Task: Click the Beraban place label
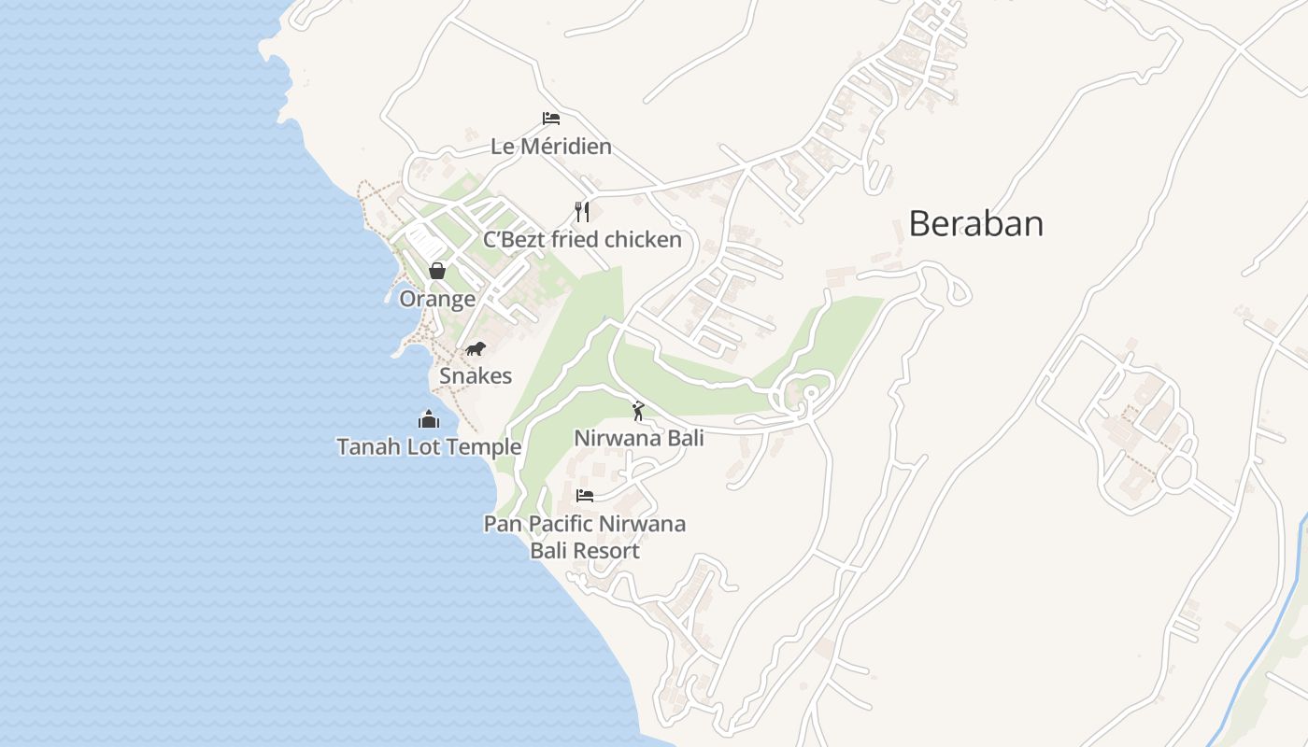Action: pyautogui.click(x=975, y=224)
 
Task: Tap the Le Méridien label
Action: pyautogui.click(x=551, y=147)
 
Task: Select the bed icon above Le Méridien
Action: pyautogui.click(x=551, y=119)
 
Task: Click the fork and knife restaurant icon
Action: pyautogui.click(x=582, y=212)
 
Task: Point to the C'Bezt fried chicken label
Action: pyautogui.click(x=582, y=240)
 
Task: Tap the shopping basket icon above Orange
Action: pyautogui.click(x=436, y=271)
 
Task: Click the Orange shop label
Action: pyautogui.click(x=437, y=299)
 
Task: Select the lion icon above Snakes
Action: pyautogui.click(x=476, y=349)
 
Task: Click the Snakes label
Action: pyautogui.click(x=476, y=376)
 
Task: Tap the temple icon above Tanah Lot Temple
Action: pyautogui.click(x=429, y=419)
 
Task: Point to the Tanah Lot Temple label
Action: pyautogui.click(x=429, y=447)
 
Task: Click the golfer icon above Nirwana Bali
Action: pyautogui.click(x=638, y=411)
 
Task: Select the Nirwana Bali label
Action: pyautogui.click(x=638, y=438)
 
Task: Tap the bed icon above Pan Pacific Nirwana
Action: pyautogui.click(x=585, y=495)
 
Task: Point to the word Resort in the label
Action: pyautogui.click(x=608, y=551)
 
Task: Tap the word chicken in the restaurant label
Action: pyautogui.click(x=643, y=240)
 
